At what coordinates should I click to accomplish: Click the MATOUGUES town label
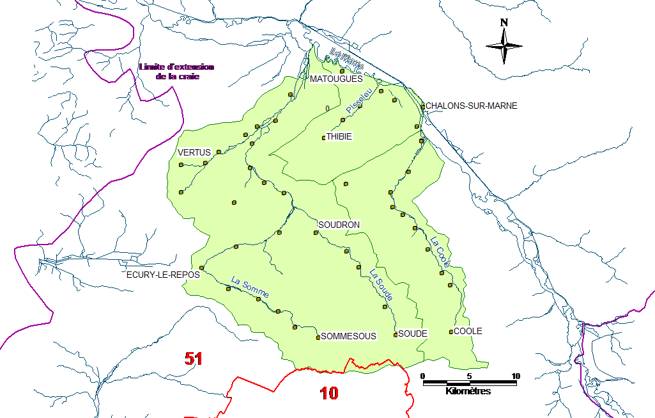[x=335, y=79]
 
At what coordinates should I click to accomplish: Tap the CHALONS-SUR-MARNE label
[x=471, y=106]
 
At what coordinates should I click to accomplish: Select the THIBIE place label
[x=339, y=137]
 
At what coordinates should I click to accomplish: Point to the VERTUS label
[x=194, y=152]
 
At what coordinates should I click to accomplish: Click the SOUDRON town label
[x=339, y=225]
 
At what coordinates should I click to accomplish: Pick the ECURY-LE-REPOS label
[x=163, y=275]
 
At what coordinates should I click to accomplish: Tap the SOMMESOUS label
[x=348, y=336]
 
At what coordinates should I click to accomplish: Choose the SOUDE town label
[x=412, y=334]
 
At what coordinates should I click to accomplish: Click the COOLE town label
[x=468, y=332]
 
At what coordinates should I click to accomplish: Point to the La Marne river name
[x=347, y=59]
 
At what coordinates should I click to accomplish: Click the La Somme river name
[x=250, y=287]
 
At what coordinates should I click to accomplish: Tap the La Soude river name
[x=381, y=285]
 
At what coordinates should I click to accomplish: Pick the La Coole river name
[x=440, y=252]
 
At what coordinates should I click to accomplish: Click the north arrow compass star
[x=504, y=45]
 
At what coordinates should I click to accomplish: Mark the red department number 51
[x=194, y=359]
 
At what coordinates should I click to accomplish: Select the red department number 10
[x=329, y=393]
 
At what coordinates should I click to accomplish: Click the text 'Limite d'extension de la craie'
[x=177, y=72]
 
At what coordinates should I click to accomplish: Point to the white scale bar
[x=470, y=383]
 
